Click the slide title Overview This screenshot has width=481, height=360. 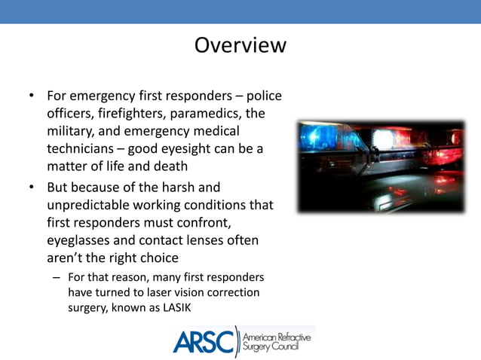click(240, 45)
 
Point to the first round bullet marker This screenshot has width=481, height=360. click(32, 96)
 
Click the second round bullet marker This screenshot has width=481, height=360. click(32, 187)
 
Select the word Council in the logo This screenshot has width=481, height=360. click(292, 347)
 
